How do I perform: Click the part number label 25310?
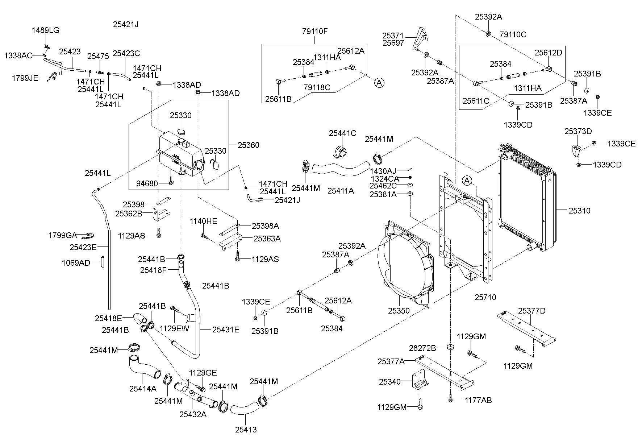[579, 211]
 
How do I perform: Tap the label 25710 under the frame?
[485, 297]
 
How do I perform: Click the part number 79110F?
[314, 31]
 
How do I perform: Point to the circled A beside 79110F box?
[379, 83]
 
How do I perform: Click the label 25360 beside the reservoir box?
[248, 145]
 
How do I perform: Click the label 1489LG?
[46, 30]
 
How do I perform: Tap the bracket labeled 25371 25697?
[421, 38]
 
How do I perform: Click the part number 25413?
[246, 430]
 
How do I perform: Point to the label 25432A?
[193, 414]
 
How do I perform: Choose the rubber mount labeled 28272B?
[450, 347]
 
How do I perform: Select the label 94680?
[147, 184]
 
